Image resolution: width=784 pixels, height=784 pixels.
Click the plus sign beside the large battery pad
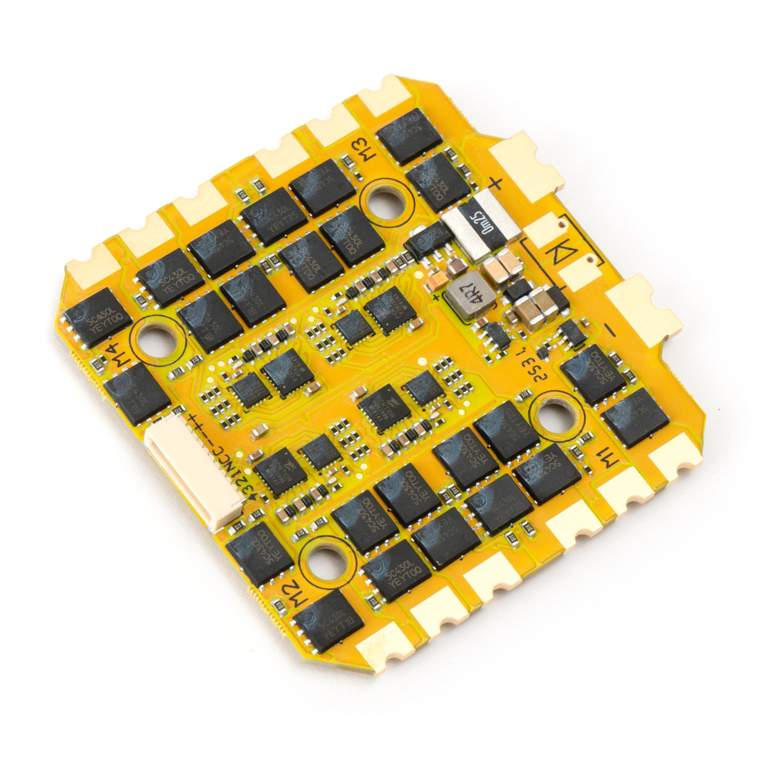click(496, 184)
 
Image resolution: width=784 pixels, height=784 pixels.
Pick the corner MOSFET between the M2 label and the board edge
click(328, 621)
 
